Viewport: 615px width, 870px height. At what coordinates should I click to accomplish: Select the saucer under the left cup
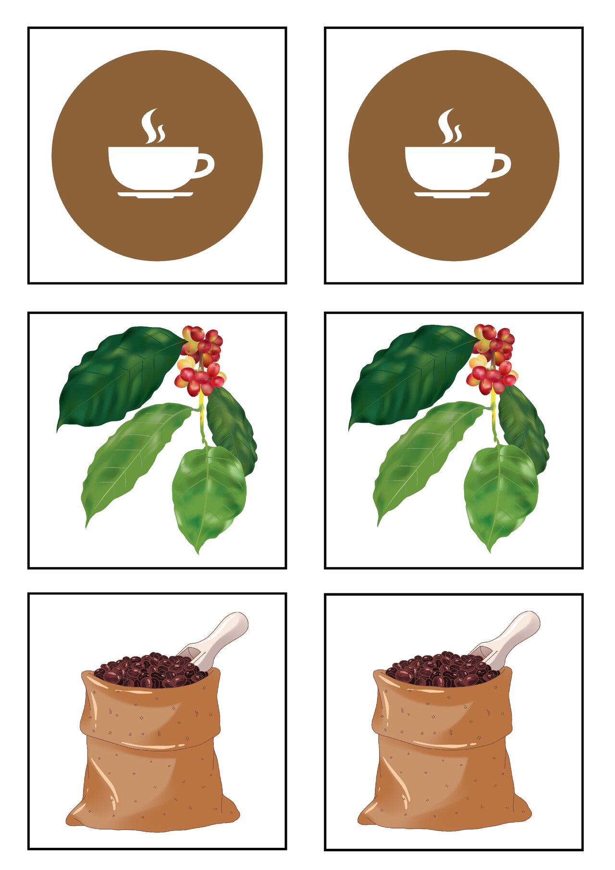pyautogui.click(x=155, y=194)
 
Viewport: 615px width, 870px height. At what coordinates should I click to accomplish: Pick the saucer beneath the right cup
pyautogui.click(x=452, y=194)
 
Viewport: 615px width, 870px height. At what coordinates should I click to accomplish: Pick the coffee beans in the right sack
pyautogui.click(x=441, y=669)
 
